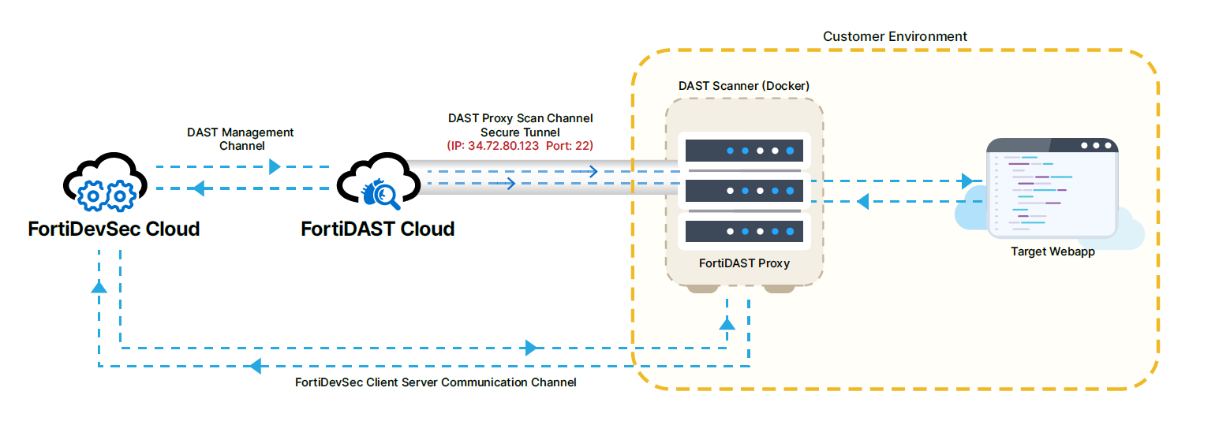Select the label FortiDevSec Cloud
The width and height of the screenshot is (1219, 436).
[114, 229]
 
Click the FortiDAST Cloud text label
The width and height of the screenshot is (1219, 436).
[378, 229]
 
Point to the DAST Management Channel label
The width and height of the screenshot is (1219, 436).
[240, 139]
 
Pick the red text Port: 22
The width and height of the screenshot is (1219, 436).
[569, 146]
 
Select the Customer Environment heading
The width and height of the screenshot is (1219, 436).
[895, 36]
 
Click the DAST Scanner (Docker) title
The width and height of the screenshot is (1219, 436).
[744, 85]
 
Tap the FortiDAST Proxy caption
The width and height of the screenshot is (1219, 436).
[744, 263]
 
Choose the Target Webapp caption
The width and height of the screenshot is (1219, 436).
[1053, 252]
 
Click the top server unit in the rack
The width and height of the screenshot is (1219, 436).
[744, 150]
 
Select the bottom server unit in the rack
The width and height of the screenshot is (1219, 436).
[744, 231]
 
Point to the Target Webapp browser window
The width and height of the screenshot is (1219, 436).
[1053, 189]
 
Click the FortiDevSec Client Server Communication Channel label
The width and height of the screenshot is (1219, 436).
[436, 382]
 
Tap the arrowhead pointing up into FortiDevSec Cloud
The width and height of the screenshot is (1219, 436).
[99, 287]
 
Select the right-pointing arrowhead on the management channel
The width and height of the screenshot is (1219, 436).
[275, 167]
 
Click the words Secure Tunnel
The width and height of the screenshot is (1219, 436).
[520, 132]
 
